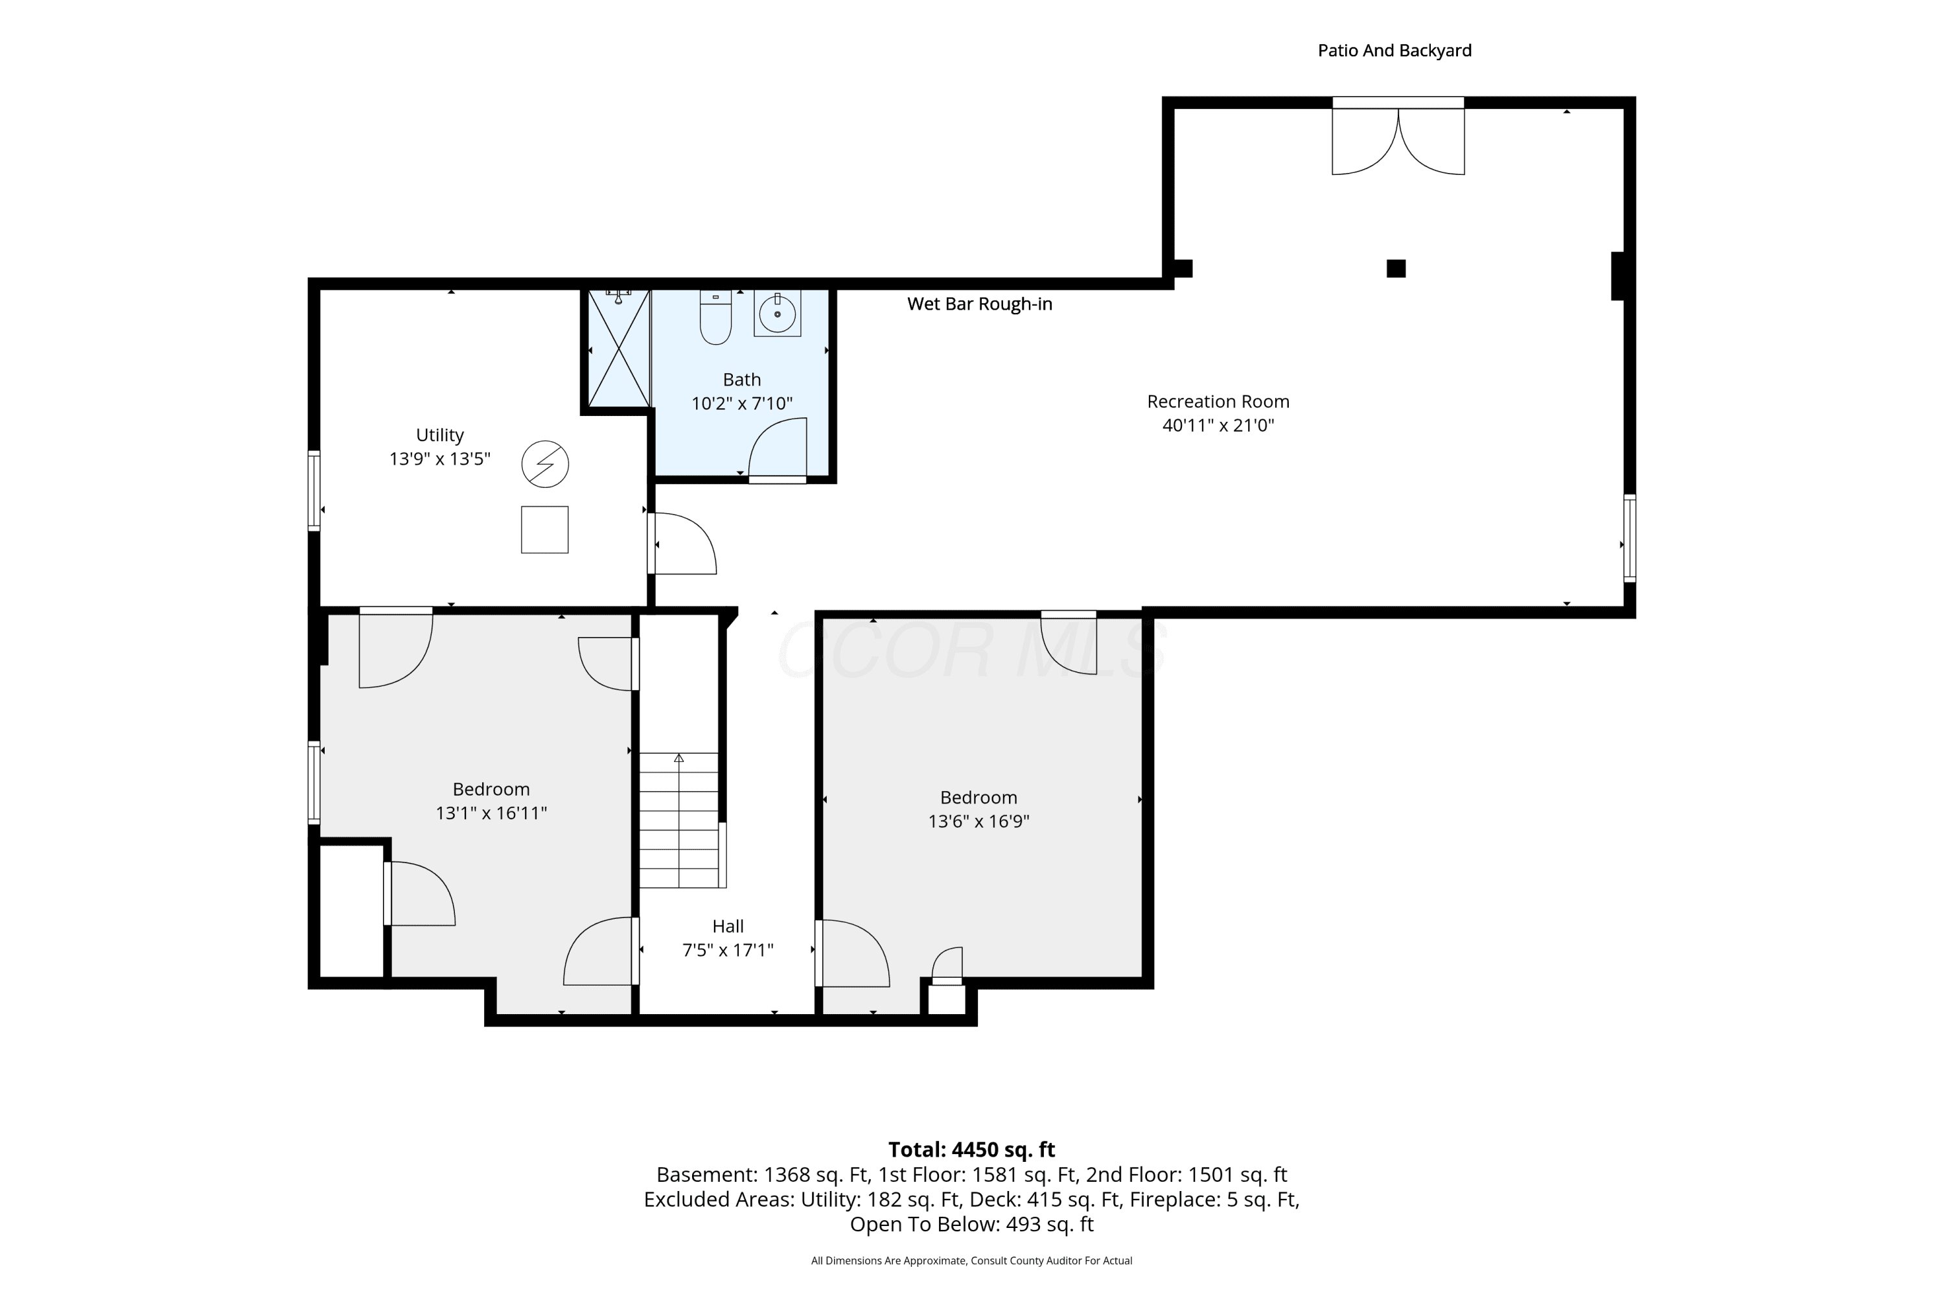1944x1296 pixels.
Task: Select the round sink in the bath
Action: (x=777, y=314)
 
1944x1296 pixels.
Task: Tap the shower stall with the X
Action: (x=619, y=348)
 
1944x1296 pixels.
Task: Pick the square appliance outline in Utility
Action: (x=545, y=530)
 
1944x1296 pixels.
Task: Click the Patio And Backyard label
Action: (x=1394, y=51)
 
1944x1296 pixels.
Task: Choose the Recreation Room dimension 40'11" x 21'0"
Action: (x=1218, y=426)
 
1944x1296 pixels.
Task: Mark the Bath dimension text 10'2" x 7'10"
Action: (x=741, y=403)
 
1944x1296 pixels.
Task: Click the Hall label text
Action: (x=728, y=927)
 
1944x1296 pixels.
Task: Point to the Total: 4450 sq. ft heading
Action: (x=971, y=1150)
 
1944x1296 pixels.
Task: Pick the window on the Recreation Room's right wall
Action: (x=1629, y=538)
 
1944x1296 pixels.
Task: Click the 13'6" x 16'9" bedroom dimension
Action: (x=978, y=822)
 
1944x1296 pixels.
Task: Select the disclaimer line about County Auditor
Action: (x=971, y=1260)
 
